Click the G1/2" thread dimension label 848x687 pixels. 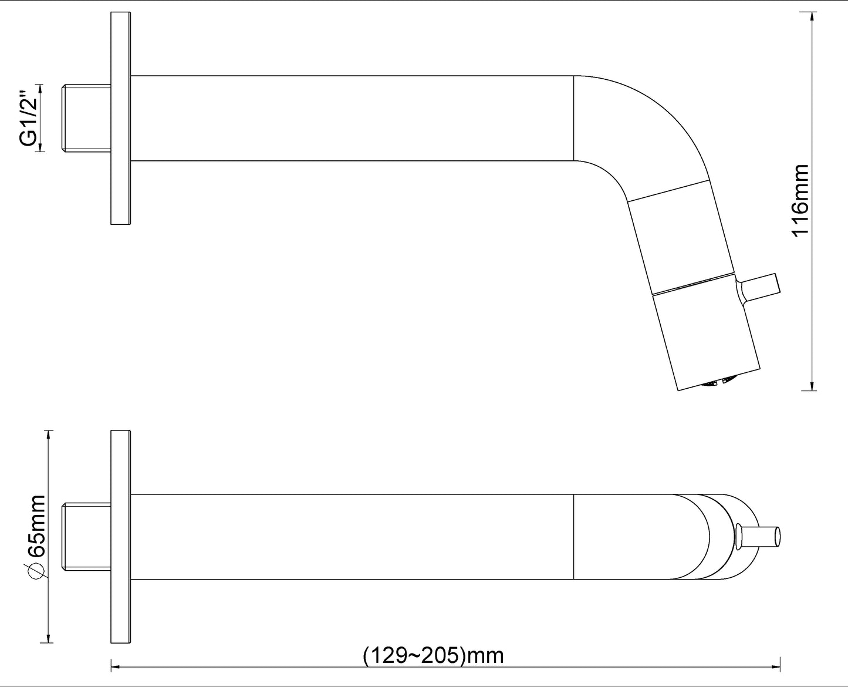28,119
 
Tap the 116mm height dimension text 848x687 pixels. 800,201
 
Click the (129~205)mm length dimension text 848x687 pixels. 433,655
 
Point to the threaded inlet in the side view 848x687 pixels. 86,118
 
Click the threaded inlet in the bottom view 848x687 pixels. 86,537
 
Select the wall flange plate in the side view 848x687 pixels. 121,118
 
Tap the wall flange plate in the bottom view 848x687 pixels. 121,537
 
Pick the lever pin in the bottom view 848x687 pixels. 758,537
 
